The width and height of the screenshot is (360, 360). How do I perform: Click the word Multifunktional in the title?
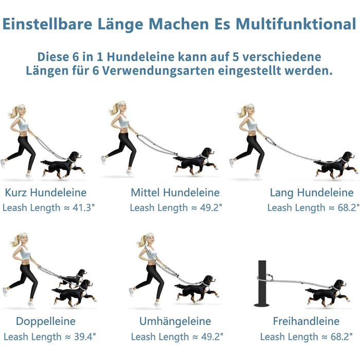296,24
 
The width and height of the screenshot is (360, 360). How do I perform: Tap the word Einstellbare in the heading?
47,24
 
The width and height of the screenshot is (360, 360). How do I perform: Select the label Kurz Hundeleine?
46,193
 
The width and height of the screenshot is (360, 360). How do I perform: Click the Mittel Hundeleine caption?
175,193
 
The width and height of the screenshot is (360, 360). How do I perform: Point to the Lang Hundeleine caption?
312,193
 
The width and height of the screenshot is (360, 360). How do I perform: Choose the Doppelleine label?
46,321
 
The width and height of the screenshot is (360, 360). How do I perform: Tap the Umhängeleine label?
175,321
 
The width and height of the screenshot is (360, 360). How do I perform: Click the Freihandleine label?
306,321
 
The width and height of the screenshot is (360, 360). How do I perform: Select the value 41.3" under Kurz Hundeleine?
83,208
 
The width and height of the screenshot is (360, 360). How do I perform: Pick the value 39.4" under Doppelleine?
85,337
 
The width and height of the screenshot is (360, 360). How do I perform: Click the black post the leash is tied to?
262,283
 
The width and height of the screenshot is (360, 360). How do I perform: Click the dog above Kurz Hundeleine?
63,165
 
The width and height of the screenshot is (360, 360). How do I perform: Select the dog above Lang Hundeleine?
336,165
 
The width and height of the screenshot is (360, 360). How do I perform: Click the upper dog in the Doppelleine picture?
74,277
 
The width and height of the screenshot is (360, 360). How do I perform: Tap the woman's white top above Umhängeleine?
152,253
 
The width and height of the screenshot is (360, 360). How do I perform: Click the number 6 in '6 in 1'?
76,57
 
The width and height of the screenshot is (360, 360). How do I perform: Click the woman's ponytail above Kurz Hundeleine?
13,113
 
